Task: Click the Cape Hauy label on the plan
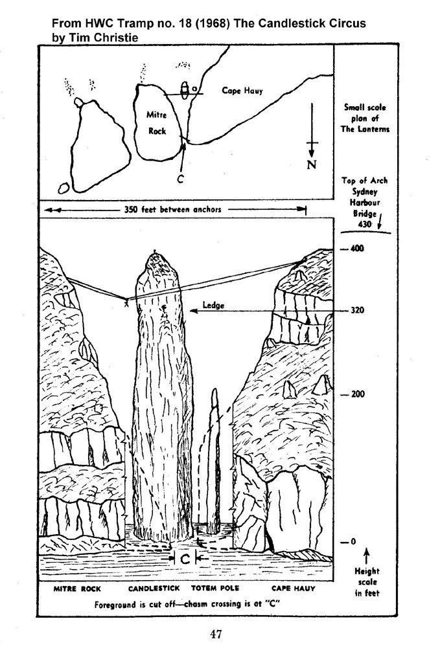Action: click(x=242, y=91)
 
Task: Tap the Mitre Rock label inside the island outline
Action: click(x=157, y=122)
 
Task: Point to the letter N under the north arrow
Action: click(x=312, y=164)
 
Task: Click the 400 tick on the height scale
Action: click(x=353, y=248)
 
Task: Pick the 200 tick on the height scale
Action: click(x=353, y=394)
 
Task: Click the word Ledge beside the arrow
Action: click(x=213, y=305)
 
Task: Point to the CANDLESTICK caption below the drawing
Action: click(x=154, y=588)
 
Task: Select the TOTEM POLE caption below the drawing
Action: click(x=215, y=588)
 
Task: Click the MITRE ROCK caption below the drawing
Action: click(x=77, y=589)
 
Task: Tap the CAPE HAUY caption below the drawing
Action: click(x=293, y=589)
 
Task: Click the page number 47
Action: click(x=216, y=634)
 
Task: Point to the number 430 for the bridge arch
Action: click(x=364, y=224)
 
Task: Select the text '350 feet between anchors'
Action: click(x=172, y=209)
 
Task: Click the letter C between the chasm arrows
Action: click(x=185, y=559)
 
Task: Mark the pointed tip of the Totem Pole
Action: click(x=215, y=390)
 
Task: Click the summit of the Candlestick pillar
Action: click(x=154, y=253)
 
